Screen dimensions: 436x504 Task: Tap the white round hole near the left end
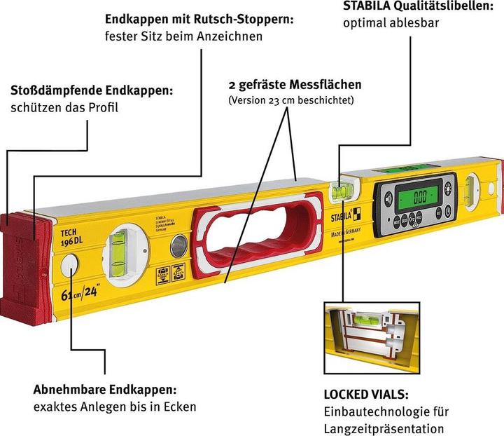tap(71, 266)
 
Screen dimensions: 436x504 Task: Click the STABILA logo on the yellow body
tap(347, 208)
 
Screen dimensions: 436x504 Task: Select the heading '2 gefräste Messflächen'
tap(295, 85)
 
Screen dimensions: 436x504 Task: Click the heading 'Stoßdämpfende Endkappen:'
tap(92, 91)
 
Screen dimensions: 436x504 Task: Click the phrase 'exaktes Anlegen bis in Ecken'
tap(115, 407)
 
